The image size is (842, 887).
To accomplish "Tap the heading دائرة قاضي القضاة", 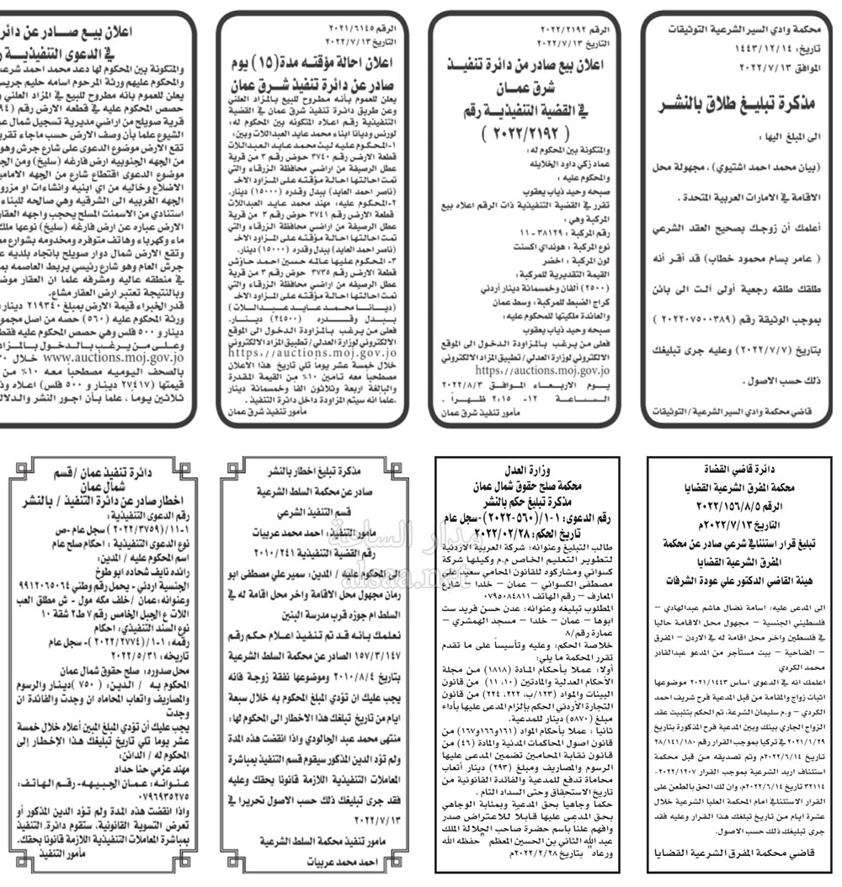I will (738, 469).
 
